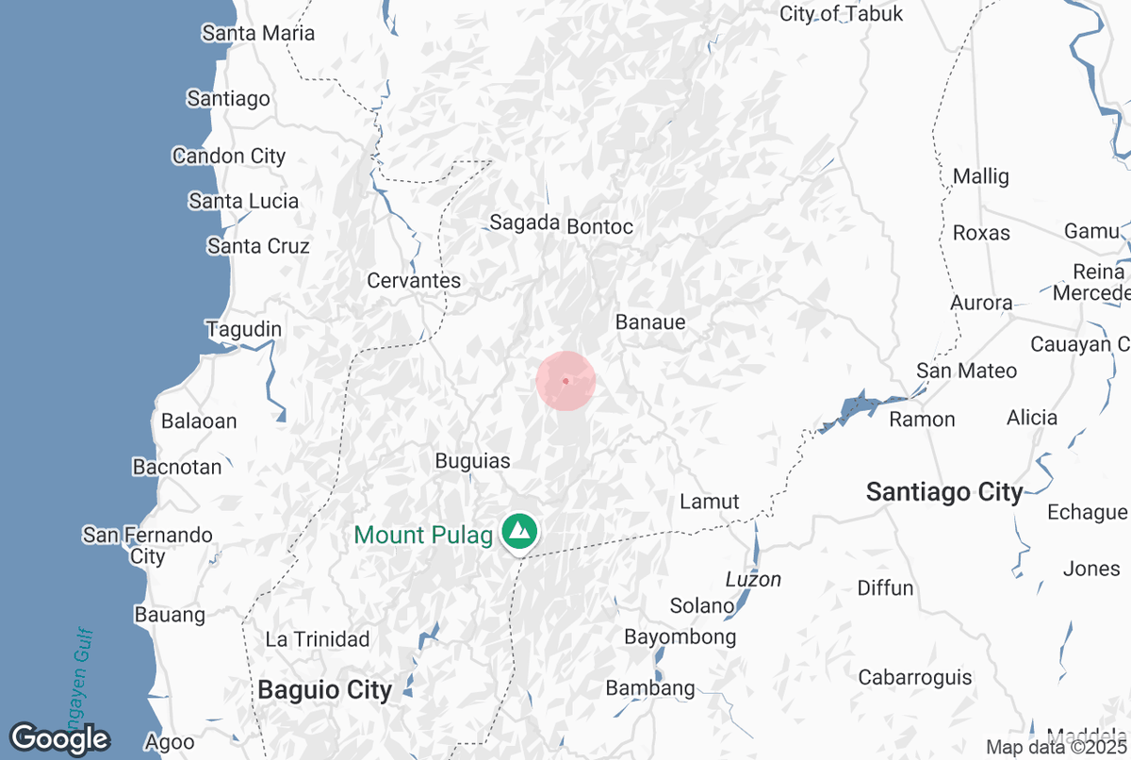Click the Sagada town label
[x=524, y=223]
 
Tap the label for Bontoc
[x=599, y=226]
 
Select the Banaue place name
[x=650, y=322]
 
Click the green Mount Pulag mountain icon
[x=517, y=532]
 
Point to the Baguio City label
[x=324, y=690]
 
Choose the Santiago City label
[x=944, y=491]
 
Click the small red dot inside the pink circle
[x=565, y=381]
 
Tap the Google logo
[x=59, y=738]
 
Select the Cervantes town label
[x=414, y=281]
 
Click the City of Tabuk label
[x=841, y=14]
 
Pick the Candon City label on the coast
[x=229, y=157]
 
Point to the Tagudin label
[x=244, y=330]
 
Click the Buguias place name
[x=473, y=461]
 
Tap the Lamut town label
[x=710, y=502]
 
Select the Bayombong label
[x=680, y=637]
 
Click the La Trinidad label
[x=318, y=639]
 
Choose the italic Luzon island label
[x=753, y=579]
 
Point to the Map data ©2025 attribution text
[x=1056, y=748]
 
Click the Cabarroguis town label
[x=914, y=677]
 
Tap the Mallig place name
[x=980, y=176]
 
